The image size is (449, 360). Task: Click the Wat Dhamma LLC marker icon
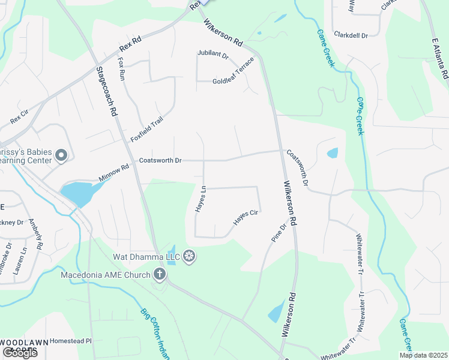point(189,257)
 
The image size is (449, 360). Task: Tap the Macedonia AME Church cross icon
point(160,275)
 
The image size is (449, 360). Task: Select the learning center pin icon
point(61,156)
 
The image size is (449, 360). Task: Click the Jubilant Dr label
point(213,55)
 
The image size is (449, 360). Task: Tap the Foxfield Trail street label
point(147,130)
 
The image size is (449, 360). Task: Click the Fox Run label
point(122,69)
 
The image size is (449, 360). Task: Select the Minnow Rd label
point(114,174)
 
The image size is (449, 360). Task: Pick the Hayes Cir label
point(245,217)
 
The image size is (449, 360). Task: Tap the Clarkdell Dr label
point(351,35)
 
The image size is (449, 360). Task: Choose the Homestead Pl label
point(71,341)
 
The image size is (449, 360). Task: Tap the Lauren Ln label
point(19,262)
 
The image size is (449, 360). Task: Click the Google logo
point(20,353)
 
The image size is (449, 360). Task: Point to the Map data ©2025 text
point(424,355)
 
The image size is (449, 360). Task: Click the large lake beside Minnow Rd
point(76,193)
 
